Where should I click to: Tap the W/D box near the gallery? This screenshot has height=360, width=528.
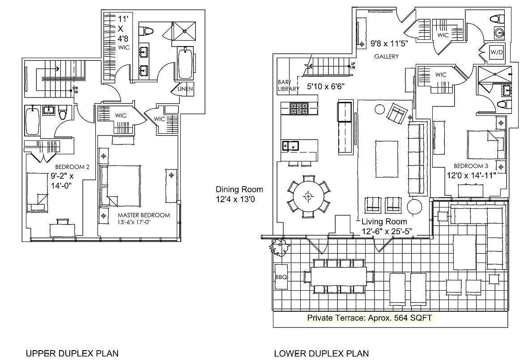point(497,52)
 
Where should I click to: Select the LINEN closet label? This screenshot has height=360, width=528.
point(185,89)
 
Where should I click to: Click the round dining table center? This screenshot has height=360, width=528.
point(308,196)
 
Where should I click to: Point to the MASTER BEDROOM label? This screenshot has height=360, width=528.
point(144,215)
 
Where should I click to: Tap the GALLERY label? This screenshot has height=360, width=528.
point(386,56)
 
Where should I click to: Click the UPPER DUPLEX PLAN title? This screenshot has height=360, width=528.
point(72,353)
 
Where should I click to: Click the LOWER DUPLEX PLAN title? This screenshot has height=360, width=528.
point(321,353)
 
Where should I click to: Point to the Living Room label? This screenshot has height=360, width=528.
point(384,221)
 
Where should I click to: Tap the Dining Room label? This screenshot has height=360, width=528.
point(239,189)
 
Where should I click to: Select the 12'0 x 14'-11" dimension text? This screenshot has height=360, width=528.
point(471,175)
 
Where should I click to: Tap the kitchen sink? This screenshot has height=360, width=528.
point(290,145)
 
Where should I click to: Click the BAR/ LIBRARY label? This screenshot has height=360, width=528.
point(288,85)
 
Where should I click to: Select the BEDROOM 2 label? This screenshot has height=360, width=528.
point(72,167)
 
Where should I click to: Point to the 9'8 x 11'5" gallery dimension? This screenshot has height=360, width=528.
point(392,44)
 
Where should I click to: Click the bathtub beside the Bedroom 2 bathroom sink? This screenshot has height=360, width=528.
point(32,121)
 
